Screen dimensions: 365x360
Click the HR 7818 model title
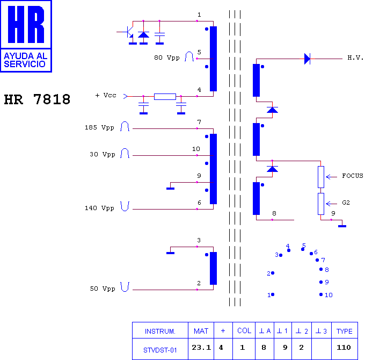[37, 99]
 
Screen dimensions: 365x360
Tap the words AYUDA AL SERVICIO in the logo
[26, 60]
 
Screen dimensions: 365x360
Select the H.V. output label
[355, 57]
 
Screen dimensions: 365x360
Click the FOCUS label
[353, 176]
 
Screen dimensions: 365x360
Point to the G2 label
[346, 203]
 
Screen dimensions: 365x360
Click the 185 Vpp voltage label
[99, 128]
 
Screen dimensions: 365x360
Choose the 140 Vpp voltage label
[99, 208]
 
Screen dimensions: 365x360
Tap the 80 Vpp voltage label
[167, 57]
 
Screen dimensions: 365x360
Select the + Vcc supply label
[106, 95]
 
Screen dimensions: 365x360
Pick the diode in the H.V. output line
[307, 59]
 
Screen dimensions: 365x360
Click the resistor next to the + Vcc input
[165, 97]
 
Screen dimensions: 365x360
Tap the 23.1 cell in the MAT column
[201, 348]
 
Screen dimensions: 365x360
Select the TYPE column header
[344, 331]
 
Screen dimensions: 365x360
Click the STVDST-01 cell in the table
[160, 350]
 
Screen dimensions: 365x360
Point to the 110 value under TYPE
[344, 348]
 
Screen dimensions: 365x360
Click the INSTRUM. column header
[160, 331]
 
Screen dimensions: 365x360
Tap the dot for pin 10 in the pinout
[321, 294]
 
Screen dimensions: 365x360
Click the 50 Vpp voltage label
[103, 289]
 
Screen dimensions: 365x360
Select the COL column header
[244, 331]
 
